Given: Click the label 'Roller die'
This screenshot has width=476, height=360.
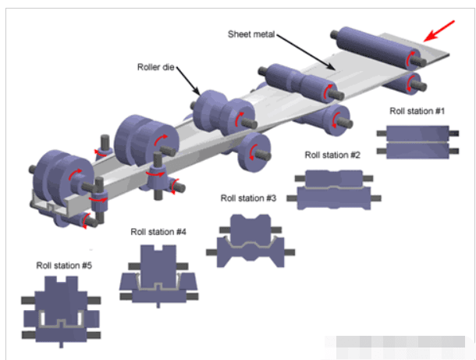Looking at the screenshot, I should (158, 68).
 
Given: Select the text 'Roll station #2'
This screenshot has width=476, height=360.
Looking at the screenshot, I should (332, 155).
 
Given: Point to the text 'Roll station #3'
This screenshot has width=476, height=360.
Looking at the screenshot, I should (249, 198).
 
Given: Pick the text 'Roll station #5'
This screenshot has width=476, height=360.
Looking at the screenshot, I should (65, 266).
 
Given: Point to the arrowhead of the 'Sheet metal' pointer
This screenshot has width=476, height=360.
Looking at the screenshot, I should (336, 69).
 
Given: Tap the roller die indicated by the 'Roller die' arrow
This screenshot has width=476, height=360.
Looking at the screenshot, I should (217, 111).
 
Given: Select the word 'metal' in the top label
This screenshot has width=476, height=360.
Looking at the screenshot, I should (267, 34).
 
